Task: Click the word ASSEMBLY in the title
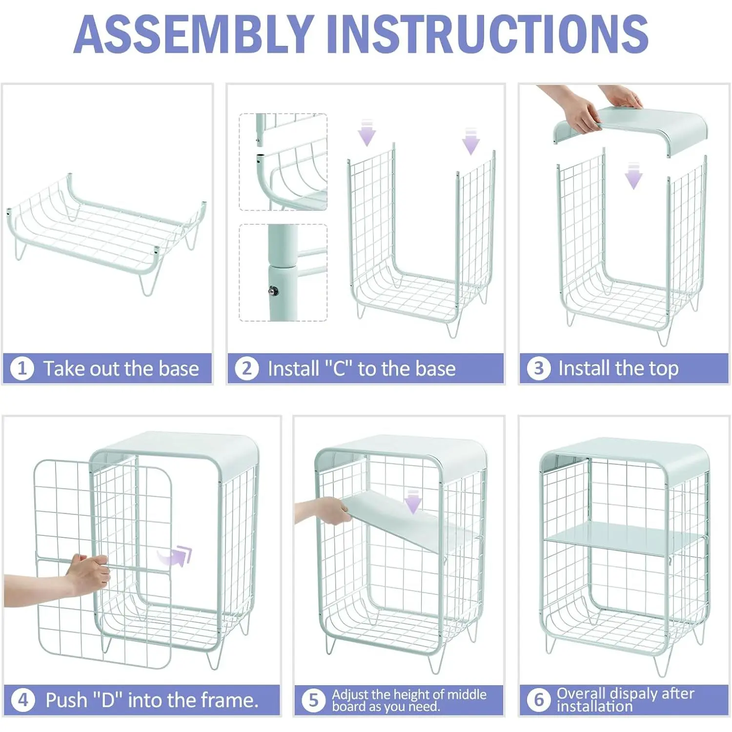[x=194, y=34]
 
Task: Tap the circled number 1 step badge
[x=22, y=368]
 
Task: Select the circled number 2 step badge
[x=247, y=368]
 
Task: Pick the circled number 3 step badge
[x=539, y=368]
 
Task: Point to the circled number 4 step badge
[x=23, y=700]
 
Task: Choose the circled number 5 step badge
[x=313, y=700]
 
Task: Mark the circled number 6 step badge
[x=539, y=700]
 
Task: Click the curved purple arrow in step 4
[x=176, y=556]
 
